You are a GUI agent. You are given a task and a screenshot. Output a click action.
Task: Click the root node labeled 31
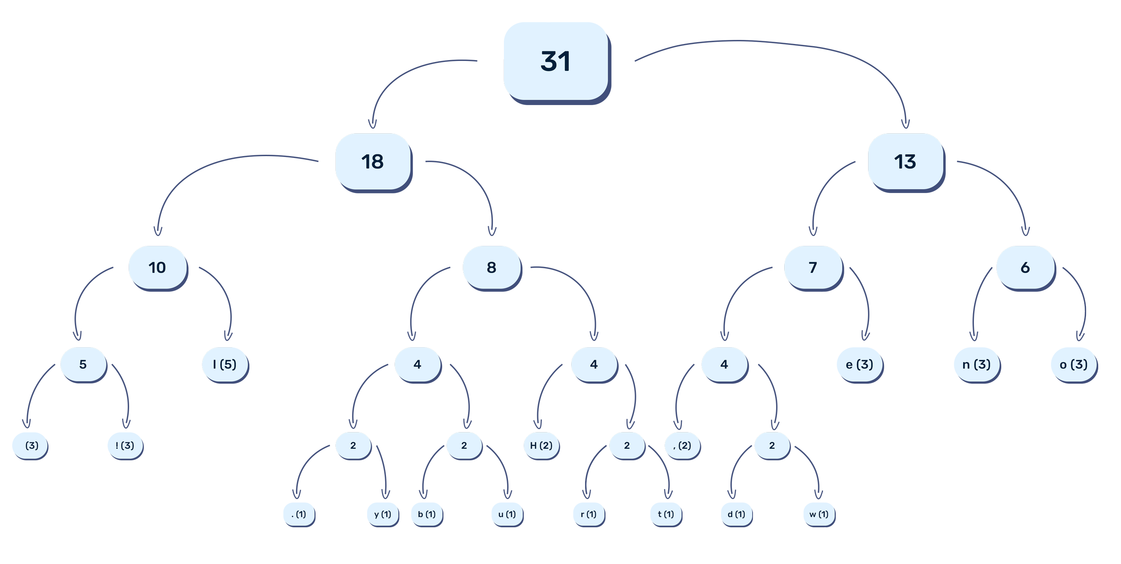click(556, 61)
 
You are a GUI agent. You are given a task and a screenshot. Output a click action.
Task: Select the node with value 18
click(373, 162)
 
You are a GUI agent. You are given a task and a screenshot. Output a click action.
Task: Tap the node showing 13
click(905, 162)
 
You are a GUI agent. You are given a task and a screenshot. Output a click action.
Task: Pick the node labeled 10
click(157, 267)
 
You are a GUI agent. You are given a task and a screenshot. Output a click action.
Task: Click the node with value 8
click(491, 267)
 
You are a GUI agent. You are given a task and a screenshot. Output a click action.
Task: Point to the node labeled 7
click(813, 267)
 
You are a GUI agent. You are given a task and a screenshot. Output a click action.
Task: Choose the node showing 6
click(1025, 267)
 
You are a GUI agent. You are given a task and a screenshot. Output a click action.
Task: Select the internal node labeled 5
click(83, 364)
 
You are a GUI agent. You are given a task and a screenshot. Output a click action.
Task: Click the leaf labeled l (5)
click(225, 364)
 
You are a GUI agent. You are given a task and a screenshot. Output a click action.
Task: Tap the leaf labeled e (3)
click(859, 364)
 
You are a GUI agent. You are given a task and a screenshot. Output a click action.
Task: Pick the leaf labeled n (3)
click(976, 364)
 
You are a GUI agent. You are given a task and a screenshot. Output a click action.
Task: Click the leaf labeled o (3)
click(1073, 364)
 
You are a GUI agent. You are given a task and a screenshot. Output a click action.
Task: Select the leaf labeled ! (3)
click(125, 446)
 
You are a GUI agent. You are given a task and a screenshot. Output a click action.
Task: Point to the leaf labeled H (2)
click(541, 446)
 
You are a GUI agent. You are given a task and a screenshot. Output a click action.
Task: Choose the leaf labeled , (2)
click(682, 446)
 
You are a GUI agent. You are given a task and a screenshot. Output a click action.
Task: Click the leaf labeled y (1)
click(382, 514)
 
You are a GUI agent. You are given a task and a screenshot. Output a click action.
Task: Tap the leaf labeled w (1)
click(819, 514)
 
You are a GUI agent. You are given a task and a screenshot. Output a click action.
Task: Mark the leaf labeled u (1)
click(507, 514)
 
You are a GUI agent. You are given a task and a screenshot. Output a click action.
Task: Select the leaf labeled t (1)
click(665, 514)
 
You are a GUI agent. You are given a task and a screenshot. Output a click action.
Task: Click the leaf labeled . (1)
click(299, 514)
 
